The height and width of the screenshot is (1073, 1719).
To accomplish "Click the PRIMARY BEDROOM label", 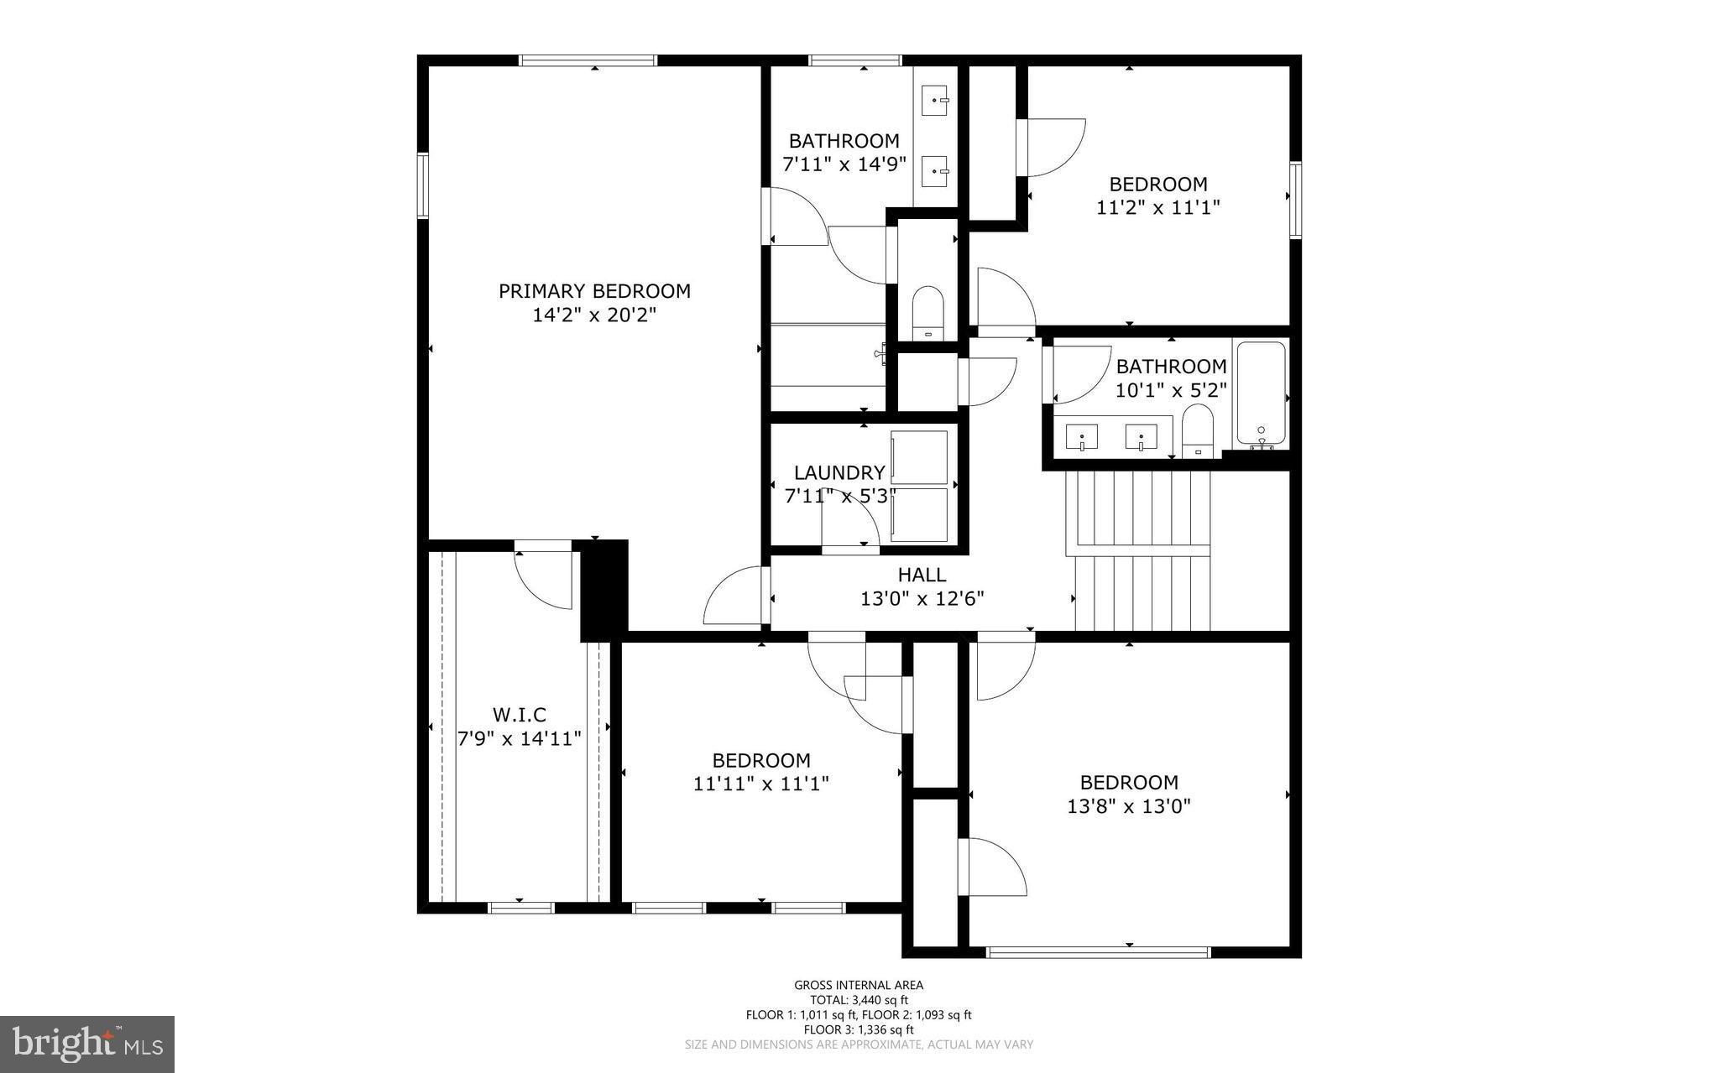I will pyautogui.click(x=594, y=291).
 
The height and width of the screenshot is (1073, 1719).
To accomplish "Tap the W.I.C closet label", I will pyautogui.click(x=519, y=715).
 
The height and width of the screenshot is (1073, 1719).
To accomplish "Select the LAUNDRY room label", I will pyautogui.click(x=839, y=472).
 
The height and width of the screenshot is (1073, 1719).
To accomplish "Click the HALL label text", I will pyautogui.click(x=922, y=575).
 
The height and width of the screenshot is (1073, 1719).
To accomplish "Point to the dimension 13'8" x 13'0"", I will pyautogui.click(x=1129, y=806).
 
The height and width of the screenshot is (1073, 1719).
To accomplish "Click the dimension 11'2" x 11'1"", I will pyautogui.click(x=1157, y=207).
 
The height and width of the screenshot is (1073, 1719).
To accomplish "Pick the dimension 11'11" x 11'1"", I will pyautogui.click(x=760, y=784).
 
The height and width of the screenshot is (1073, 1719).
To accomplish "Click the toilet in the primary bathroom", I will pyautogui.click(x=927, y=312).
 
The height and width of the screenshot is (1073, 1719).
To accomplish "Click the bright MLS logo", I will pyautogui.click(x=87, y=1044).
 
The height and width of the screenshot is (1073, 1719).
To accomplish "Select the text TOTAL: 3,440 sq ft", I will pyautogui.click(x=859, y=1000).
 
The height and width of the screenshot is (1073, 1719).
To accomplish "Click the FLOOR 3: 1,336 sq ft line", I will pyautogui.click(x=859, y=1029).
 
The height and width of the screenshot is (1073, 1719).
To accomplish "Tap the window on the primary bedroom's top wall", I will pyautogui.click(x=588, y=60).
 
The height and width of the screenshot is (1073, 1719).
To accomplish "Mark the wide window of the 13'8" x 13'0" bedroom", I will pyautogui.click(x=1098, y=952).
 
